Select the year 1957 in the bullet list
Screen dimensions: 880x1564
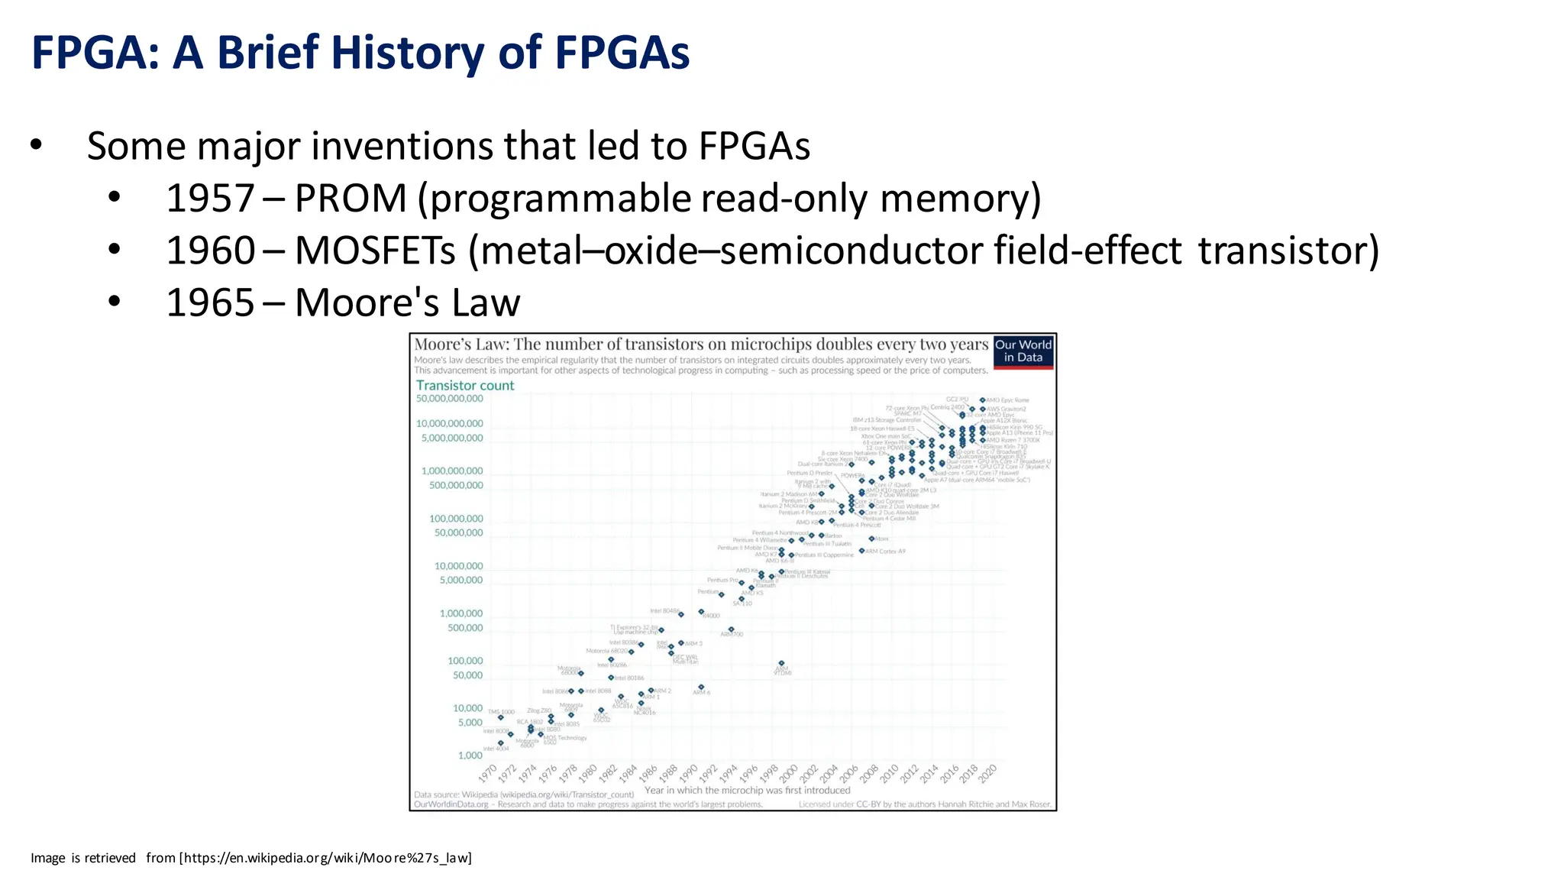point(210,199)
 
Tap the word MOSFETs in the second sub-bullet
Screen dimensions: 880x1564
point(375,251)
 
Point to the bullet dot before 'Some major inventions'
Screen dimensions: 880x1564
point(36,145)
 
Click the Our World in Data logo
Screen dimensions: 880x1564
point(1023,351)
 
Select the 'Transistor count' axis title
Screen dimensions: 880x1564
point(464,386)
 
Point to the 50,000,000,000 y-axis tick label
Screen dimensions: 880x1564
point(449,399)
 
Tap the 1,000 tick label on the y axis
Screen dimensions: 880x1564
point(470,755)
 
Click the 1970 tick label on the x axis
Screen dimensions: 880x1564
point(488,773)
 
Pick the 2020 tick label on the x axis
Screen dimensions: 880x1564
point(987,773)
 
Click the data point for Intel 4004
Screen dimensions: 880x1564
point(501,742)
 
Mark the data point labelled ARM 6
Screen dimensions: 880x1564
point(701,687)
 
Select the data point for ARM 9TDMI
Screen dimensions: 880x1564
point(781,663)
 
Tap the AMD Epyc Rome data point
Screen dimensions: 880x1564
point(983,400)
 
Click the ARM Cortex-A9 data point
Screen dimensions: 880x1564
point(862,551)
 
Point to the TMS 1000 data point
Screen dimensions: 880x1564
point(501,717)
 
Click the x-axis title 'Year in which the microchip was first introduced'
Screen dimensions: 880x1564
point(747,791)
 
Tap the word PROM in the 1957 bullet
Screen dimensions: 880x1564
point(351,199)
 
